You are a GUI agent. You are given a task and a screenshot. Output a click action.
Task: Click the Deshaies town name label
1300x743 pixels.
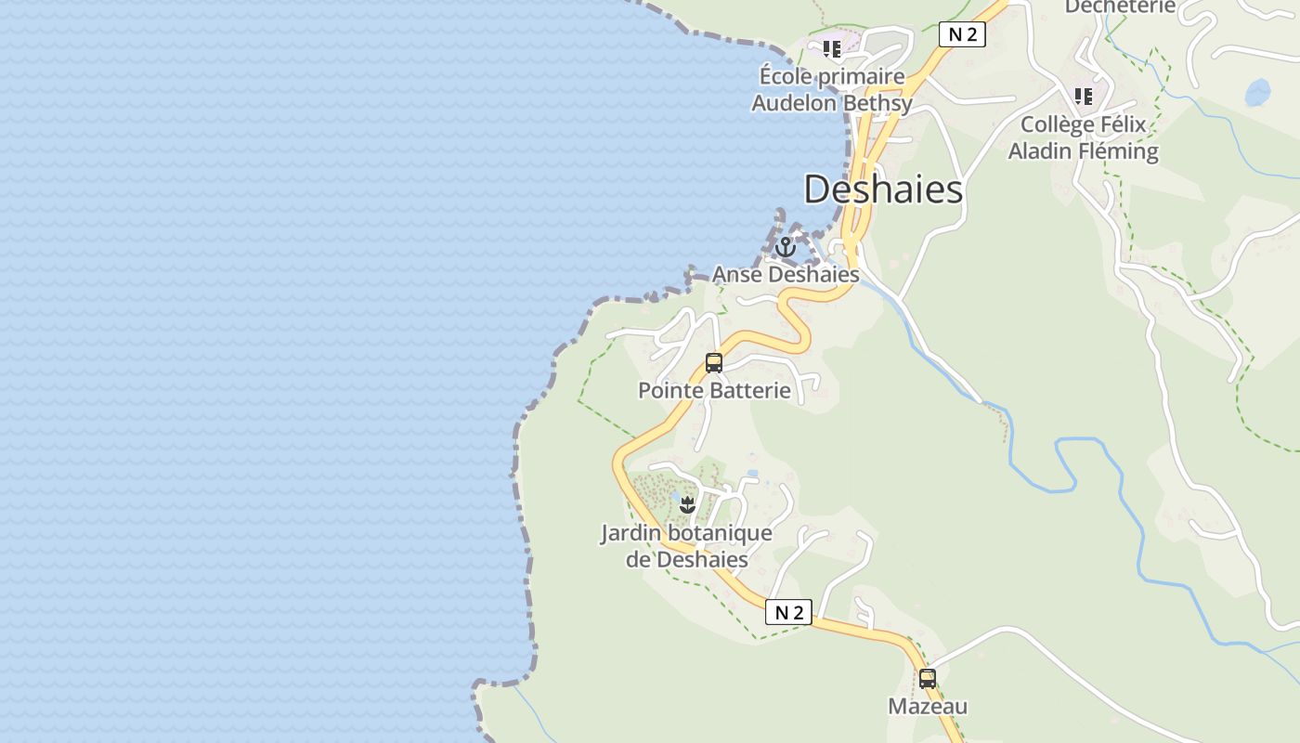pyautogui.click(x=883, y=189)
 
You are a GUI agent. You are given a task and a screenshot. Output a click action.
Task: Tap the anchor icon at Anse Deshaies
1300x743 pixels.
pyautogui.click(x=786, y=247)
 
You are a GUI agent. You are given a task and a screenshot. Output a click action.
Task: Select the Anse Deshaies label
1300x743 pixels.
pyautogui.click(x=786, y=275)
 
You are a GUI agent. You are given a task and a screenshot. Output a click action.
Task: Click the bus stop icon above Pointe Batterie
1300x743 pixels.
pyautogui.click(x=713, y=363)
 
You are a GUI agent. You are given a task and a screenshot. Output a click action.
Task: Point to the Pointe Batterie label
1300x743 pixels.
pyautogui.click(x=714, y=390)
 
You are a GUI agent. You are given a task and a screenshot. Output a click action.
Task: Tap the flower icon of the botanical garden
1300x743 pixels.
pyautogui.click(x=687, y=505)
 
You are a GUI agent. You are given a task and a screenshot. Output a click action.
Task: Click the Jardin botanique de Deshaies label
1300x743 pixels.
pyautogui.click(x=686, y=546)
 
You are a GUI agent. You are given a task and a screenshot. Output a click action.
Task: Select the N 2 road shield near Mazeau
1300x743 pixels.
pyautogui.click(x=788, y=612)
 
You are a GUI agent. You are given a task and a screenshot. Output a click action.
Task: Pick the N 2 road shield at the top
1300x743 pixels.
pyautogui.click(x=961, y=34)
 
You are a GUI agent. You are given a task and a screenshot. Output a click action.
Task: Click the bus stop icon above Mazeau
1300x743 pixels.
pyautogui.click(x=927, y=679)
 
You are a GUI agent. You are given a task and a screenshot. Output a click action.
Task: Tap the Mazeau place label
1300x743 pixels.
pyautogui.click(x=928, y=706)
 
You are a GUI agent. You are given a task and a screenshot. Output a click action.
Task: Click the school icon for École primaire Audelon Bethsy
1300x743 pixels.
pyautogui.click(x=831, y=48)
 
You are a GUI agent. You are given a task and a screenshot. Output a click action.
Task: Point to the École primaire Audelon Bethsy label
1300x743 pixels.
pyautogui.click(x=831, y=89)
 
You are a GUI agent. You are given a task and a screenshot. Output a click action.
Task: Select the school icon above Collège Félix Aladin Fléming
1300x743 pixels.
pyautogui.click(x=1083, y=96)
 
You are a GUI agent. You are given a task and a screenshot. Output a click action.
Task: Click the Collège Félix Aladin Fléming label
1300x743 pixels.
pyautogui.click(x=1083, y=137)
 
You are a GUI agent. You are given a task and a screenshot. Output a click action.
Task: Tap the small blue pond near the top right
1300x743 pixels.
pyautogui.click(x=1257, y=92)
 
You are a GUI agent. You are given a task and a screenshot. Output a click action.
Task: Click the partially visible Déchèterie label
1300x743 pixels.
pyautogui.click(x=1120, y=7)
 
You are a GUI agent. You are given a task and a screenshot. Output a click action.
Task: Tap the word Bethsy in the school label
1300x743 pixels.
pyautogui.click(x=877, y=103)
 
